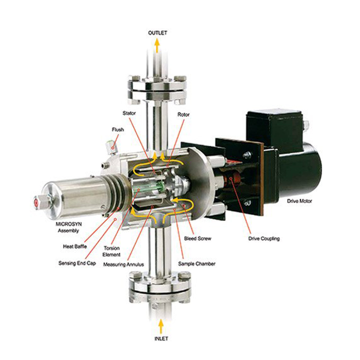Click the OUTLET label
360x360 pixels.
pos(157,33)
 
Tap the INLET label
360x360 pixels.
pos(161,338)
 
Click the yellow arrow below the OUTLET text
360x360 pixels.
pos(157,45)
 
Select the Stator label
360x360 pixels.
pos(129,113)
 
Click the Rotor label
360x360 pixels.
pos(184,114)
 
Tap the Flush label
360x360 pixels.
pos(118,130)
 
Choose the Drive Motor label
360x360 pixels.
pos(299,201)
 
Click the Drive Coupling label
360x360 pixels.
pos(264,238)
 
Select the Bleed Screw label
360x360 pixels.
pos(198,238)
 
